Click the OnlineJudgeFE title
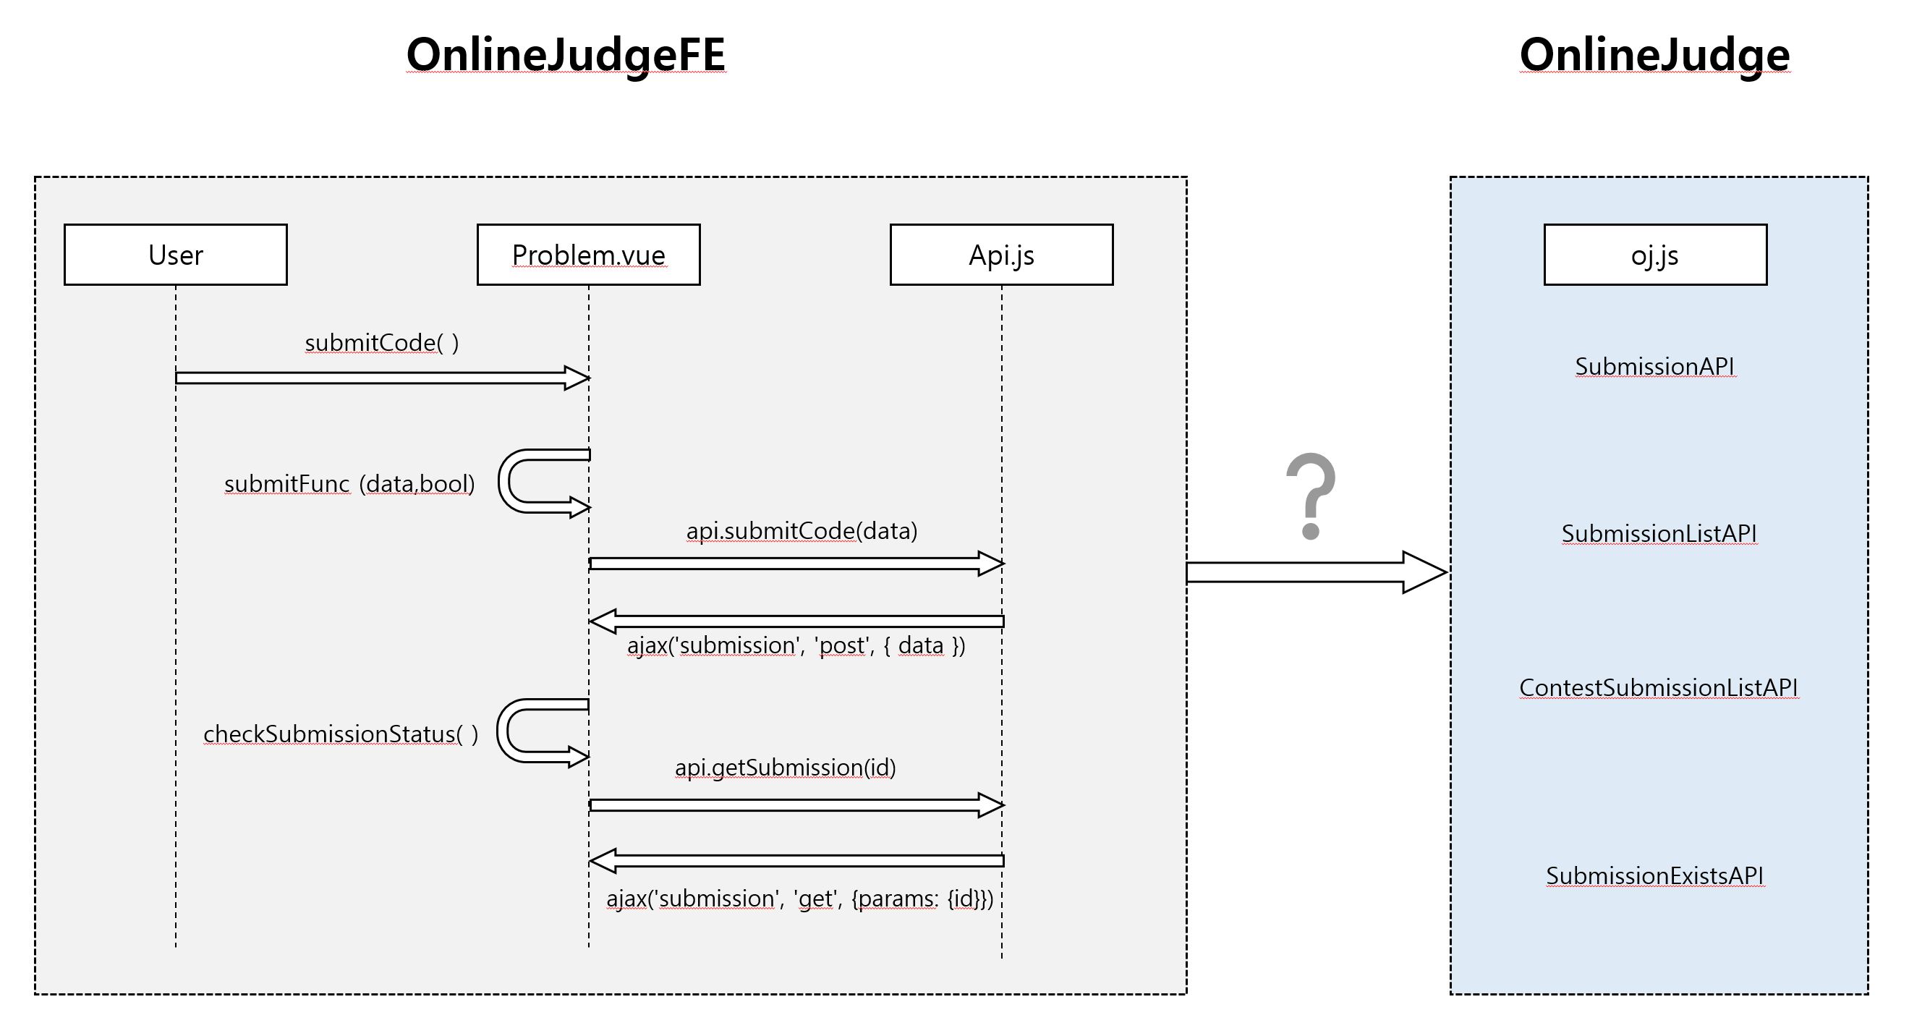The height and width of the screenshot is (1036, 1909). pyautogui.click(x=566, y=55)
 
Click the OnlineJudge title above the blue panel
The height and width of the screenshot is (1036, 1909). pyautogui.click(x=1654, y=55)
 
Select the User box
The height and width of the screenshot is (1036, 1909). pyautogui.click(x=176, y=255)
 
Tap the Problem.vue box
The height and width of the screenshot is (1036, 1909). pyautogui.click(x=588, y=255)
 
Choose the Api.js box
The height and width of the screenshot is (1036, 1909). pyautogui.click(x=1001, y=255)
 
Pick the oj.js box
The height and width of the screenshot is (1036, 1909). pyautogui.click(x=1655, y=255)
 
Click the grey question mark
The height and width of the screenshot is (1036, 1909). pyautogui.click(x=1310, y=495)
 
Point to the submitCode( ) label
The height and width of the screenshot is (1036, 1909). pyautogui.click(x=382, y=343)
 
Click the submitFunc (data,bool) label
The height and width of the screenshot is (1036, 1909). pyautogui.click(x=349, y=484)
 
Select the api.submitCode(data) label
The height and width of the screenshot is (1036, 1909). pyautogui.click(x=801, y=530)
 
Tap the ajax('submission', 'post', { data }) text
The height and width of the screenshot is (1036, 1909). pyautogui.click(x=796, y=645)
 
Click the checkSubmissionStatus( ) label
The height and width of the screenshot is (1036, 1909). pyautogui.click(x=340, y=734)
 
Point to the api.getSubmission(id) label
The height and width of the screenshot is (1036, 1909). pyautogui.click(x=785, y=767)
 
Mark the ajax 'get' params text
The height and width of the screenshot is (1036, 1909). pyautogui.click(x=799, y=899)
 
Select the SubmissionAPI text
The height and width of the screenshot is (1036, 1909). pyautogui.click(x=1654, y=366)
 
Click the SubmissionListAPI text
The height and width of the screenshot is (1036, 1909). pyautogui.click(x=1659, y=534)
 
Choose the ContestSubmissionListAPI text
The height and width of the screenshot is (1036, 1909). pyautogui.click(x=1658, y=688)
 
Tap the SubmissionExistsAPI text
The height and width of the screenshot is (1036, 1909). pyautogui.click(x=1654, y=876)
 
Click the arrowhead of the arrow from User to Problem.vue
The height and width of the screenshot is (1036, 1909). pyautogui.click(x=577, y=378)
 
